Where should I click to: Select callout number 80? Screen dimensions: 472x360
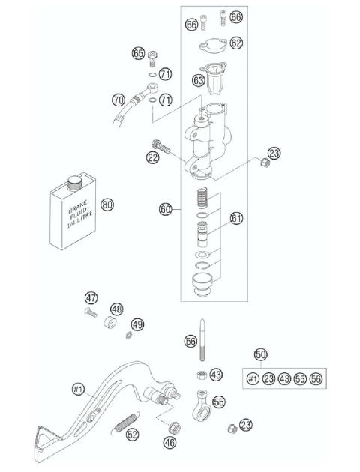point(107,204)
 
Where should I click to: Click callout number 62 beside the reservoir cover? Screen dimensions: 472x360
point(236,43)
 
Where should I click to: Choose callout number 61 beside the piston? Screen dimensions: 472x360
point(237,218)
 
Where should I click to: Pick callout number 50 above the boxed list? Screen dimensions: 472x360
point(260,354)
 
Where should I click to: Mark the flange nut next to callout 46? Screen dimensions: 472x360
point(173,428)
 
